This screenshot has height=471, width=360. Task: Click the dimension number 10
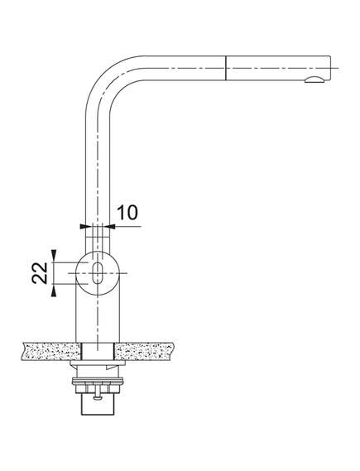pyautogui.click(x=127, y=213)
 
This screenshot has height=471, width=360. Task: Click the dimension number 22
pyautogui.click(x=40, y=272)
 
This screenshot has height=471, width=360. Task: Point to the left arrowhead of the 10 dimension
pyautogui.click(x=83, y=226)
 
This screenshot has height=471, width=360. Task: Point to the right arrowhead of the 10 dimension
pyautogui.click(x=112, y=226)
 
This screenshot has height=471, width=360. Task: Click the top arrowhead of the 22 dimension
pyautogui.click(x=54, y=254)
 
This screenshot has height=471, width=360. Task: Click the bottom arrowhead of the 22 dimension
pyautogui.click(x=54, y=292)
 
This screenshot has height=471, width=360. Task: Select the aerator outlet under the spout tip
pyautogui.click(x=314, y=79)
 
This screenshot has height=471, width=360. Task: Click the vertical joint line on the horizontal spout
pyautogui.click(x=225, y=68)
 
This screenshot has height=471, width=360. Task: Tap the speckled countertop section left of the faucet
pyautogui.click(x=51, y=352)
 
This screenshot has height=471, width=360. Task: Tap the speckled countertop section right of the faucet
pyautogui.click(x=143, y=352)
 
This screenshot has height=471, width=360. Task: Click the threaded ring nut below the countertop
pyautogui.click(x=98, y=382)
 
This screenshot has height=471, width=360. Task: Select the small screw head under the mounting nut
pyautogui.click(x=98, y=398)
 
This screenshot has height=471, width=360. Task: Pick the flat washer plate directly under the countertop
pyautogui.click(x=98, y=363)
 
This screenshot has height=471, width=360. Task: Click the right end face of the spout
pyautogui.click(x=330, y=68)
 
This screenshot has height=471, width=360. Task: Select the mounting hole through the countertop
pyautogui.click(x=98, y=352)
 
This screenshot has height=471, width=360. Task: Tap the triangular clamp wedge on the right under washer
pyautogui.click(x=112, y=367)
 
